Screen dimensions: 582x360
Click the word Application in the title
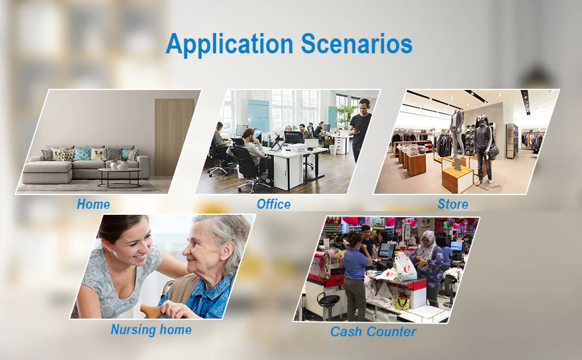pos(229,45)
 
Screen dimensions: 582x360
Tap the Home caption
pos(93,204)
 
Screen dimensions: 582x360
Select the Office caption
pos(274,204)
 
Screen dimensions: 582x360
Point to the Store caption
pos(453,204)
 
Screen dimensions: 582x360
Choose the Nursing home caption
pos(151,329)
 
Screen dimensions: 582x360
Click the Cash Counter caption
pos(373,331)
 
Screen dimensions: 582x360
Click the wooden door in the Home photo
pos(173,137)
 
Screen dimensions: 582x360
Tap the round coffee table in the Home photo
pos(119,176)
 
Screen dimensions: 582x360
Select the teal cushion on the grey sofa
pos(82,154)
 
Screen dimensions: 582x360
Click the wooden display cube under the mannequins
pos(458,179)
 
